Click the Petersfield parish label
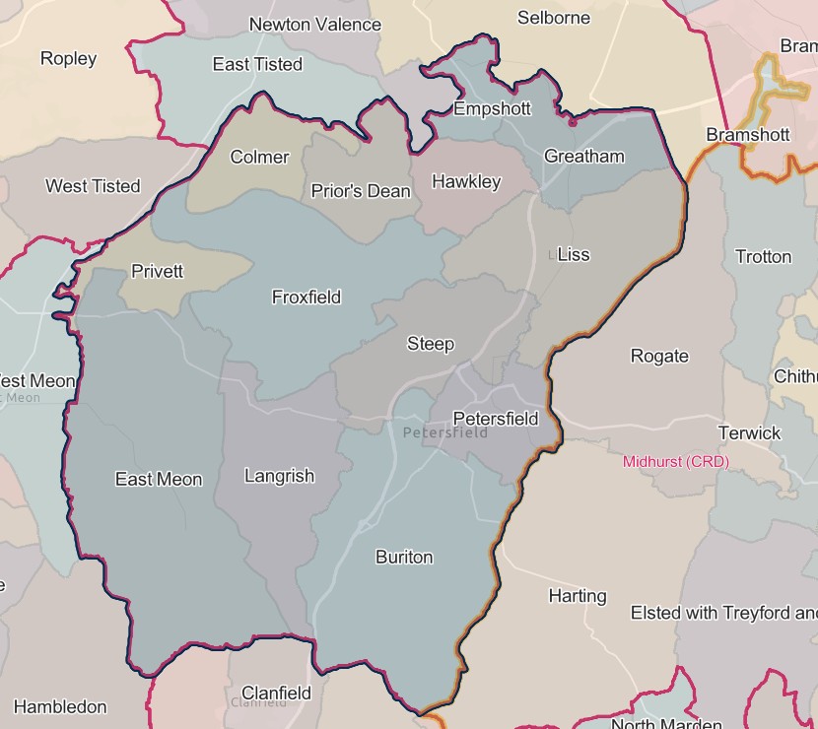[x=496, y=419]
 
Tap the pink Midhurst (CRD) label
[x=676, y=461]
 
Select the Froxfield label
[x=307, y=297]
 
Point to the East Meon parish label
[x=159, y=480]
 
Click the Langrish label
[x=279, y=476]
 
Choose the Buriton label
[x=404, y=557]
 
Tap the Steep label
[x=431, y=344]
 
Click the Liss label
[x=574, y=254]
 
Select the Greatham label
[x=584, y=156]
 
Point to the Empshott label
[x=492, y=108]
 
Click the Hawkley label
[x=466, y=181]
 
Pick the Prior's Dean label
[x=361, y=191]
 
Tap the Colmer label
[x=259, y=157]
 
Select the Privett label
[x=157, y=271]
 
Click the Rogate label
[x=659, y=356]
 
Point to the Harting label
[x=578, y=595]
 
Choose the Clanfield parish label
[x=276, y=693]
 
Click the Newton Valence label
[x=315, y=25]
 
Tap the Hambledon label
[x=60, y=706]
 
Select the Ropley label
[x=68, y=58]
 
